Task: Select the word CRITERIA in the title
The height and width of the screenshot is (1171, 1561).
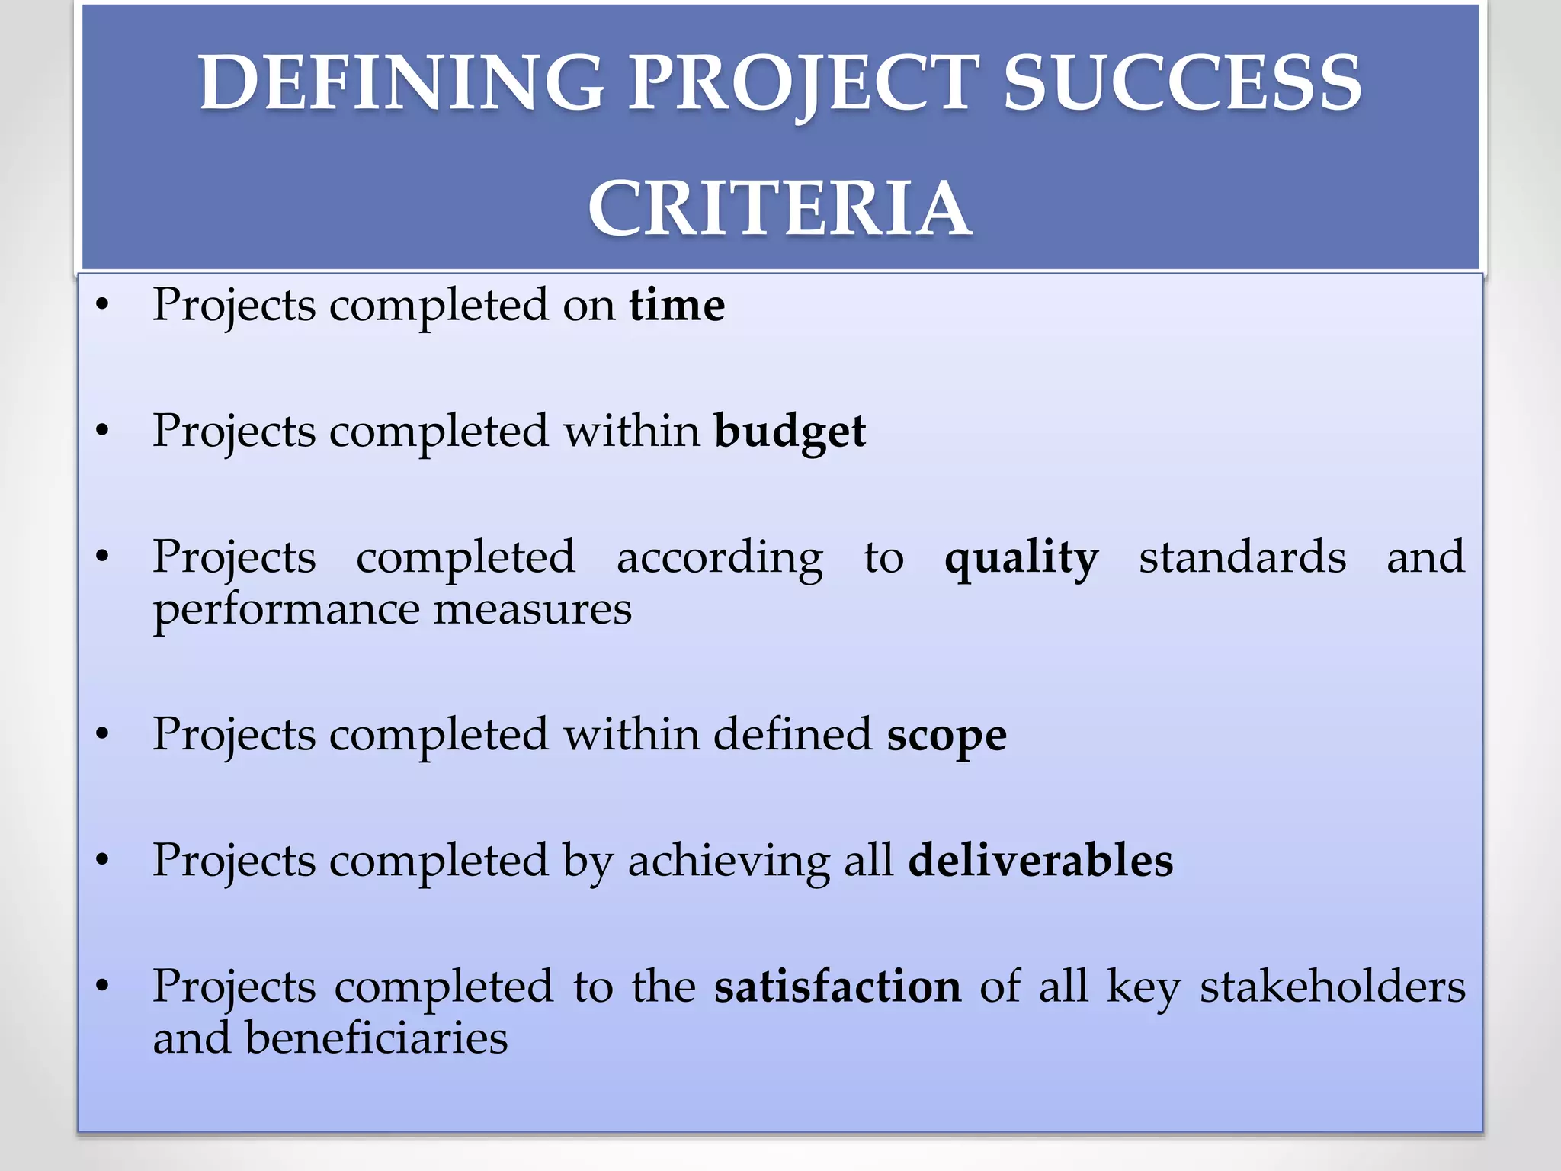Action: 780,208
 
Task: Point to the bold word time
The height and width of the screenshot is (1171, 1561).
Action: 677,305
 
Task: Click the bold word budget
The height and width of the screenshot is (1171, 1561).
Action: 790,432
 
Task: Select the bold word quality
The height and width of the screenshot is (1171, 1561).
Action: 1021,558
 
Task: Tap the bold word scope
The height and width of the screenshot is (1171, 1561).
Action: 947,735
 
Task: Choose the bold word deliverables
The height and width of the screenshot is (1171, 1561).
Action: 1040,861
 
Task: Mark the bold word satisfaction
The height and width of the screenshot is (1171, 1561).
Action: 838,987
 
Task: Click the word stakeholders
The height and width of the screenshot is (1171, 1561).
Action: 1332,987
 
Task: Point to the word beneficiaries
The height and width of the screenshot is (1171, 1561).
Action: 376,1038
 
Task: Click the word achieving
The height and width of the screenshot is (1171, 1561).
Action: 729,862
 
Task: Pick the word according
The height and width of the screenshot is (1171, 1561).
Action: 720,558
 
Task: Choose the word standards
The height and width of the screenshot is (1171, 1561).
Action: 1242,557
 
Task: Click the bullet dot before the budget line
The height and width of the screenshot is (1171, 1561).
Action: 103,432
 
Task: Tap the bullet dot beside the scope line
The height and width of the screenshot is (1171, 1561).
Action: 103,735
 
